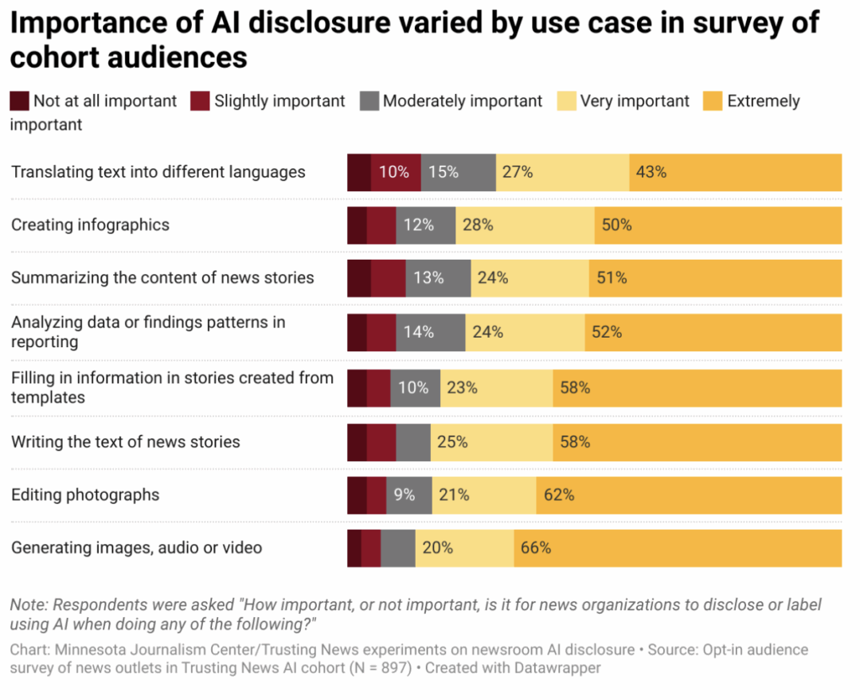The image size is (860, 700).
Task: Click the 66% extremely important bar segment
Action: click(677, 548)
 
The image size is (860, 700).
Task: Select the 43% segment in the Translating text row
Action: click(735, 172)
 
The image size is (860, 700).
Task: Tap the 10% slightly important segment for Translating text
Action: click(396, 172)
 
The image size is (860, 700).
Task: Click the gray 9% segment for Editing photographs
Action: click(409, 495)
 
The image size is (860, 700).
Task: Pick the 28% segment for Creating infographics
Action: click(525, 225)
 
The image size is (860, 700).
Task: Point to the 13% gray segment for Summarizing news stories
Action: click(438, 278)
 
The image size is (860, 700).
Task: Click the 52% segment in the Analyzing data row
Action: click(713, 331)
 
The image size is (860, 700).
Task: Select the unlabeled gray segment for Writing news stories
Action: click(413, 442)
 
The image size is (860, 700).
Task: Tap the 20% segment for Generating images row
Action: click(464, 548)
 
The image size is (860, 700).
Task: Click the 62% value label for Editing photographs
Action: click(559, 495)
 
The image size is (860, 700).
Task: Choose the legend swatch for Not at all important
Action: click(19, 101)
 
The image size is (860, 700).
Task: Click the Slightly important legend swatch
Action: click(200, 101)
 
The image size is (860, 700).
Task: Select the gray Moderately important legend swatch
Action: click(369, 101)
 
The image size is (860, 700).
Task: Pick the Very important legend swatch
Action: click(566, 101)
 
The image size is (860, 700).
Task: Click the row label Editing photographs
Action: click(85, 495)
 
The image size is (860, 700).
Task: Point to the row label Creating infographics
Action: click(90, 225)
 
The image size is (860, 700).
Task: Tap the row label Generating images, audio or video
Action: click(136, 548)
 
